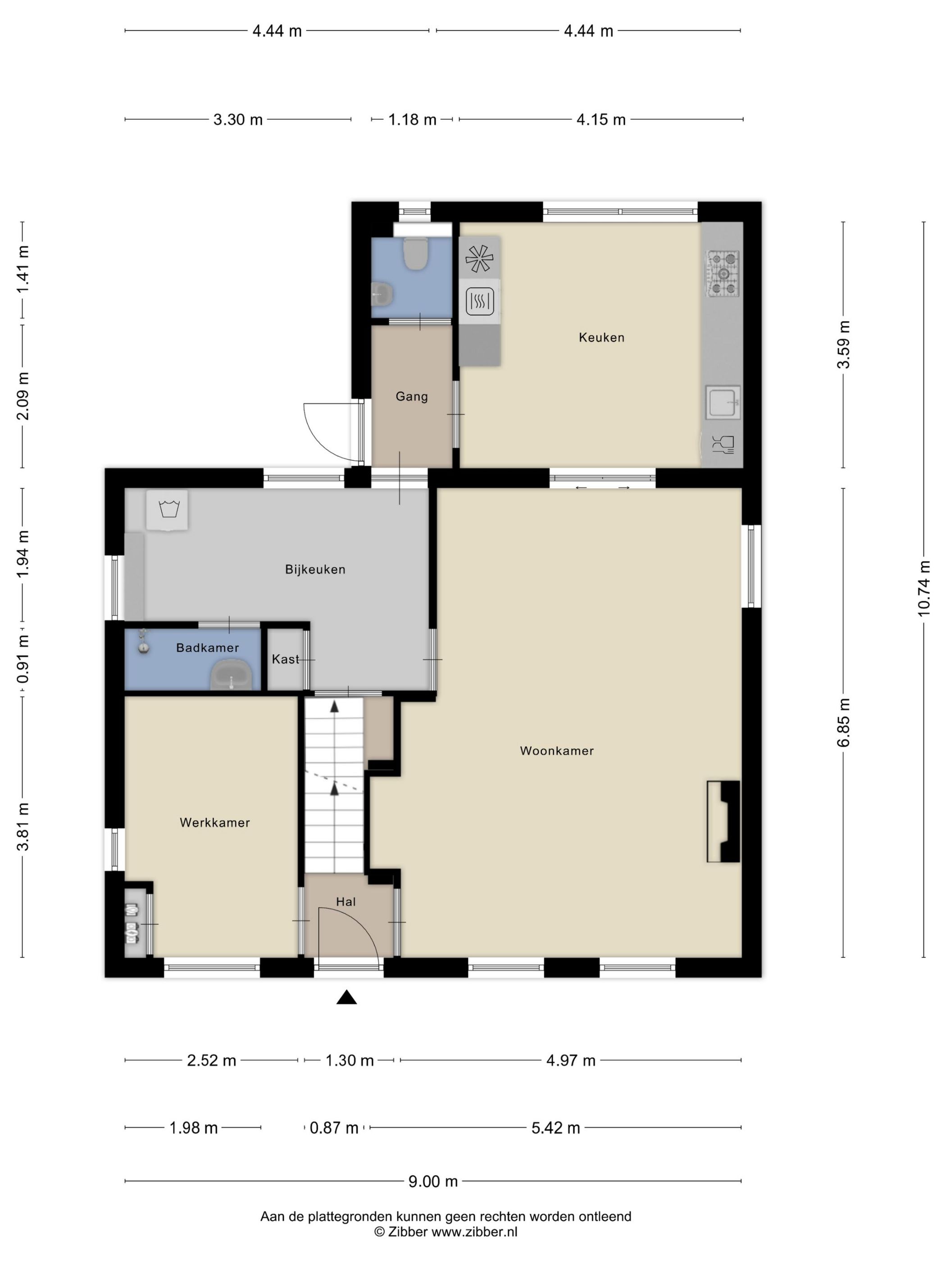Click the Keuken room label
(x=601, y=337)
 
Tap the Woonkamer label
(x=556, y=751)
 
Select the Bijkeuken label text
(x=315, y=570)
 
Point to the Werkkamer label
(x=214, y=823)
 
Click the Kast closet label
(x=285, y=660)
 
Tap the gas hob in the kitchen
(x=723, y=274)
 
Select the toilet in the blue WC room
(x=416, y=253)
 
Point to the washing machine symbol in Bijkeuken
(x=167, y=510)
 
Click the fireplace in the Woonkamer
(x=723, y=822)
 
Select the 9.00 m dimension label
(x=433, y=1182)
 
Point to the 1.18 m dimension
(x=412, y=120)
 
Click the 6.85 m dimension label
(x=843, y=722)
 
